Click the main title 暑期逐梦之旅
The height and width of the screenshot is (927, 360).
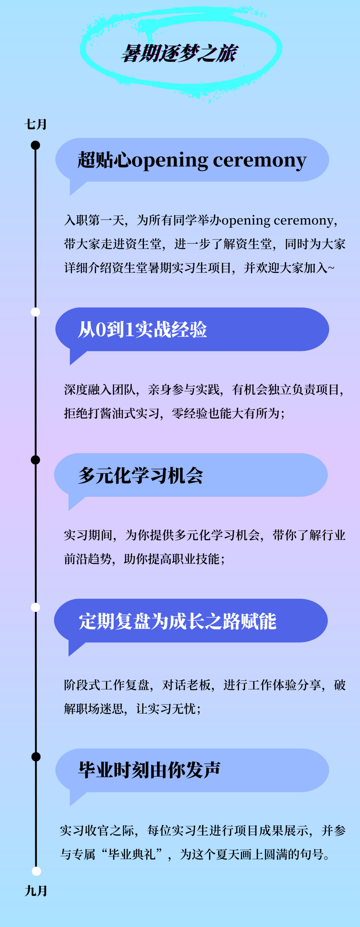point(179,53)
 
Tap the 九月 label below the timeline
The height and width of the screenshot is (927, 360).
point(36,891)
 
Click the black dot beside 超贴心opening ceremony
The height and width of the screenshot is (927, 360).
point(35,145)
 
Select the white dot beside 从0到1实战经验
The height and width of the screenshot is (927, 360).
point(35,312)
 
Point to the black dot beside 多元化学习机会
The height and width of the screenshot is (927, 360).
point(35,460)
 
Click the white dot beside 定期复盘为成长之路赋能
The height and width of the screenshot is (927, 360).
point(35,607)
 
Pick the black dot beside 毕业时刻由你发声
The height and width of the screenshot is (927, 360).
point(36,757)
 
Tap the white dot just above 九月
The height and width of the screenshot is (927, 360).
point(36,871)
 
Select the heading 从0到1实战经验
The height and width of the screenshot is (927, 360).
point(143,329)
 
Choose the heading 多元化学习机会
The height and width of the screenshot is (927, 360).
point(140,475)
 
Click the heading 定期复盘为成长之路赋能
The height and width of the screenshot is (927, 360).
point(177,621)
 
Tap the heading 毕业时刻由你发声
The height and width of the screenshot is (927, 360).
point(149,770)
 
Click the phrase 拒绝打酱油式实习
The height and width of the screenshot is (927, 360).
point(112,413)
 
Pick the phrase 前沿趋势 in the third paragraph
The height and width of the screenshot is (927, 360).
point(88,559)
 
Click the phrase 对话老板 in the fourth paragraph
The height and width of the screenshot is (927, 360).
point(186,685)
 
